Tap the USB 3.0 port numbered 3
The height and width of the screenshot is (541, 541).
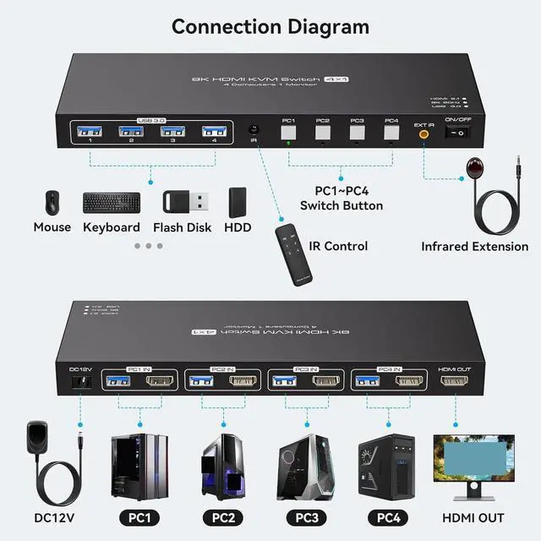172,131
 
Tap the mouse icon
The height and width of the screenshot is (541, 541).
52,202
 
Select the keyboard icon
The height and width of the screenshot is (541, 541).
112,203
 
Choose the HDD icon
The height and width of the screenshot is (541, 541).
238,201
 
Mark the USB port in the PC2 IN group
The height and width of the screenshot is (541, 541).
199,381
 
